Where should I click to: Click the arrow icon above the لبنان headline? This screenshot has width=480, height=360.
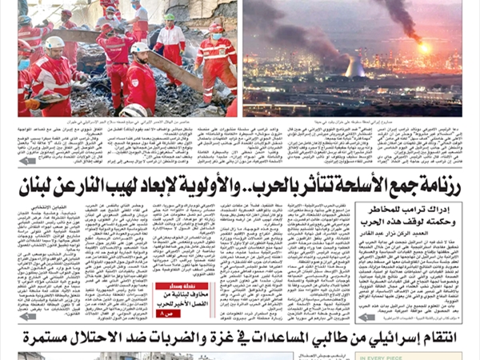point(28,160)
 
